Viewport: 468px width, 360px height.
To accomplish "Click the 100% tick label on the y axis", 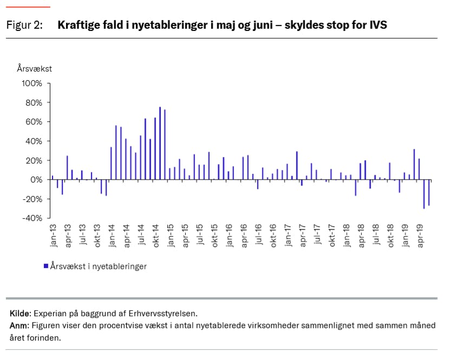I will pos(31,83).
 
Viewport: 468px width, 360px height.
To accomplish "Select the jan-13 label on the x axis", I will pos(54,237).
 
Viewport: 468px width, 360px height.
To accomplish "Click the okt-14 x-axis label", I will pos(155,237).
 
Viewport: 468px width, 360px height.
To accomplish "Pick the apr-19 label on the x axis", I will pos(420,237).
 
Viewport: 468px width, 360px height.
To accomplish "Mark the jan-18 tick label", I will pos(346,237).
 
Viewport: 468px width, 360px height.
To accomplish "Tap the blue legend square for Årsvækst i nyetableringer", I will pos(45,266).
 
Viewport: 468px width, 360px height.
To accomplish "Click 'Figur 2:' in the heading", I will pos(24,25).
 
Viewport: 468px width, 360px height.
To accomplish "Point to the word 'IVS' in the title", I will pos(378,25).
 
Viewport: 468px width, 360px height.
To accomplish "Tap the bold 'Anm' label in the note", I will pos(18,325).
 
